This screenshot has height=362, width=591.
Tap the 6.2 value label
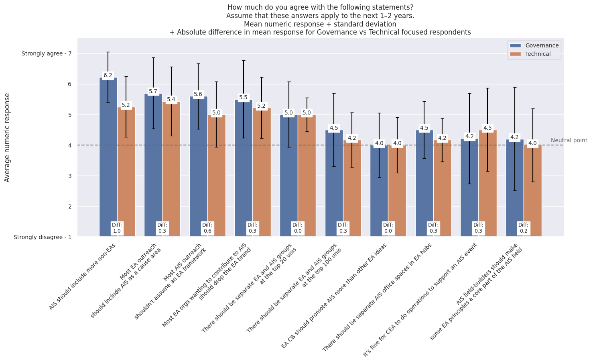click(x=108, y=75)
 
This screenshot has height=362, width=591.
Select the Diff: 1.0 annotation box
click(x=117, y=228)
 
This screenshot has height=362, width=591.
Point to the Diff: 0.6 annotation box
click(x=207, y=228)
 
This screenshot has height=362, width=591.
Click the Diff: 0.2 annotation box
click(x=523, y=228)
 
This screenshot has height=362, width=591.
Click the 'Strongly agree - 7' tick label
click(x=46, y=53)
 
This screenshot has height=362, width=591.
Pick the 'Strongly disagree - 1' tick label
click(x=42, y=237)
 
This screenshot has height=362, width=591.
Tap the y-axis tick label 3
click(x=69, y=176)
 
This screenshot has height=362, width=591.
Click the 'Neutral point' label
click(x=569, y=140)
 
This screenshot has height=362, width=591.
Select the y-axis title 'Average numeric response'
click(x=7, y=137)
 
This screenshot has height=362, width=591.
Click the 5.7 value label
click(x=153, y=91)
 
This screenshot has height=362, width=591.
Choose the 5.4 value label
click(x=171, y=99)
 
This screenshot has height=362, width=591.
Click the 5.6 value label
click(x=198, y=94)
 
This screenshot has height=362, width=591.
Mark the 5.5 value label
click(x=243, y=97)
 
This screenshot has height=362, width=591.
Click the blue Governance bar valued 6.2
click(x=108, y=161)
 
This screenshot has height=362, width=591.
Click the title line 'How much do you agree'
click(x=320, y=7)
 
